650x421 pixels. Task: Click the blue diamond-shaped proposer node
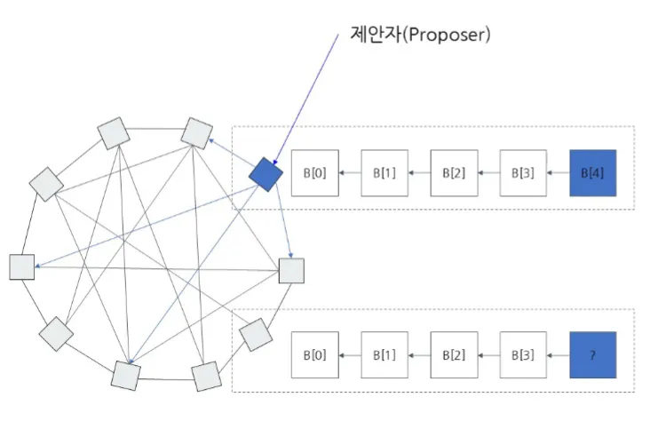(266, 173)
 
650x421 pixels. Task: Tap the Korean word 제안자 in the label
(367, 36)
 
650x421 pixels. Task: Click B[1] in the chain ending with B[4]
(384, 172)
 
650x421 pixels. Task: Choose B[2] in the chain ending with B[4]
(453, 172)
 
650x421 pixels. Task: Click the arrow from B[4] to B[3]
(557, 173)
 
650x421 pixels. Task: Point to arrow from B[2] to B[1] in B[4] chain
(418, 173)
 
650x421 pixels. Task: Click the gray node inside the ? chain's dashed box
(256, 334)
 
